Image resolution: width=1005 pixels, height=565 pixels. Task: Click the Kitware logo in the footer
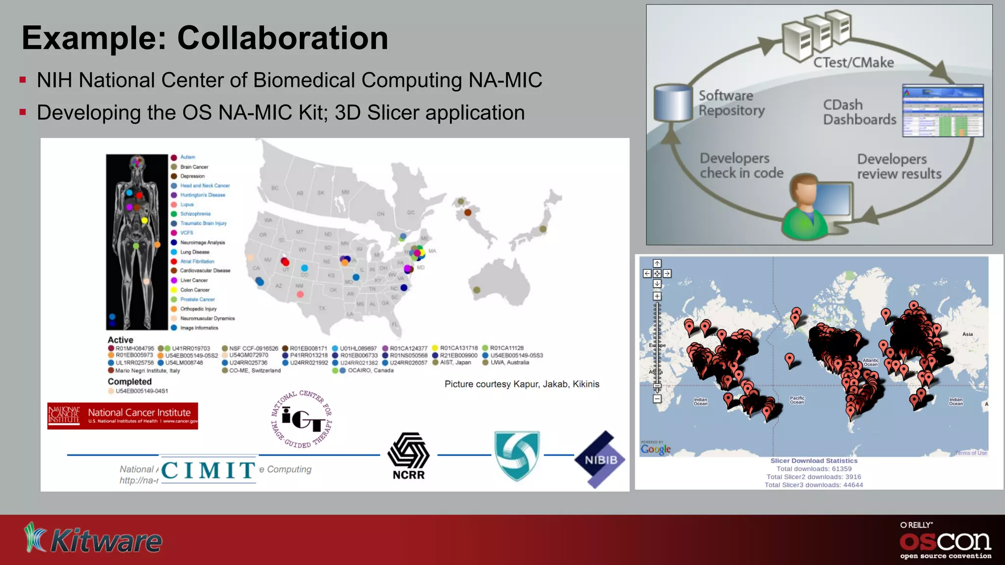[93, 539]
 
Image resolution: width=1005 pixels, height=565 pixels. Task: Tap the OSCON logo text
[945, 541]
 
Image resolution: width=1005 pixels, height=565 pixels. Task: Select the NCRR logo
[408, 456]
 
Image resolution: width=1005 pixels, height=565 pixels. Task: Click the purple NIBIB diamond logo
[600, 460]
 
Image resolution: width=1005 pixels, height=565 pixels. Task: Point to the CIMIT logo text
[208, 470]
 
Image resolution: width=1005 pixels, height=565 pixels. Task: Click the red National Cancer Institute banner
[123, 416]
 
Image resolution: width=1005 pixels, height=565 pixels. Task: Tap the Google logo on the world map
[656, 449]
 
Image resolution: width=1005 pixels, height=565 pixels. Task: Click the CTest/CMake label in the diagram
[853, 63]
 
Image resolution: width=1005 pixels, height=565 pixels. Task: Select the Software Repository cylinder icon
[673, 103]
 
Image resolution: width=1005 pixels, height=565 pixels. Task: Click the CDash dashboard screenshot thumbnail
[943, 111]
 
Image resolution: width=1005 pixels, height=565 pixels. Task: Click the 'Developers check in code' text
[741, 166]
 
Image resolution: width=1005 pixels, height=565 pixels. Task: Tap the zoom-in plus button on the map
[657, 296]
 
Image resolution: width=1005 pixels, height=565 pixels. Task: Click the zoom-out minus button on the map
[657, 399]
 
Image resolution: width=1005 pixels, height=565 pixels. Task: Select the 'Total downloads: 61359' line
[814, 469]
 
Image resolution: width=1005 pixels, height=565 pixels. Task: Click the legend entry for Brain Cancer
[194, 167]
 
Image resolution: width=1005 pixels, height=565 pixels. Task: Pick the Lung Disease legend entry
[194, 252]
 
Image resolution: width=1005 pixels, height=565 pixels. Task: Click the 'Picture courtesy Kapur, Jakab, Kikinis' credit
[522, 384]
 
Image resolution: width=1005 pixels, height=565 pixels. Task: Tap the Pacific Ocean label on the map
[797, 400]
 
